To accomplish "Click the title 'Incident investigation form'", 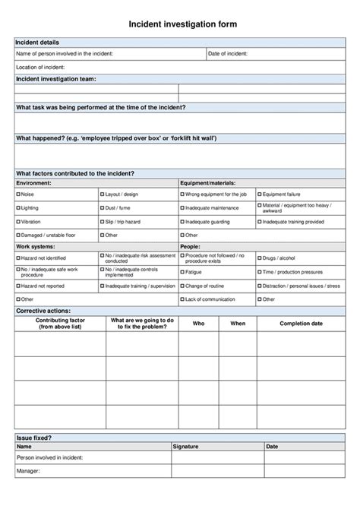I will (181, 24).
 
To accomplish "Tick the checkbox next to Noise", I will (18, 194).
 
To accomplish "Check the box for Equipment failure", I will (259, 194).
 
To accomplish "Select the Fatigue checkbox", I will (182, 271).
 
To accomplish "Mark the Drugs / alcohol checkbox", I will (259, 258).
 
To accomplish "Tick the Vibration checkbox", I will (18, 221).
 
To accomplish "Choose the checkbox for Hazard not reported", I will (18, 286).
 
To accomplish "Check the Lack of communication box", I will (182, 299).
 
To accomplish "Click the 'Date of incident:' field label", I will (227, 54).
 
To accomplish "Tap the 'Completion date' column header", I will (301, 324).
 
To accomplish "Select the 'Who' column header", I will (198, 324).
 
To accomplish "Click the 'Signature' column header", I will (186, 446).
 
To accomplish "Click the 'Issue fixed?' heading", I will (34, 438).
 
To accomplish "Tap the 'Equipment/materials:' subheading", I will (207, 183).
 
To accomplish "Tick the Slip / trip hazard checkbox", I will (103, 221).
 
